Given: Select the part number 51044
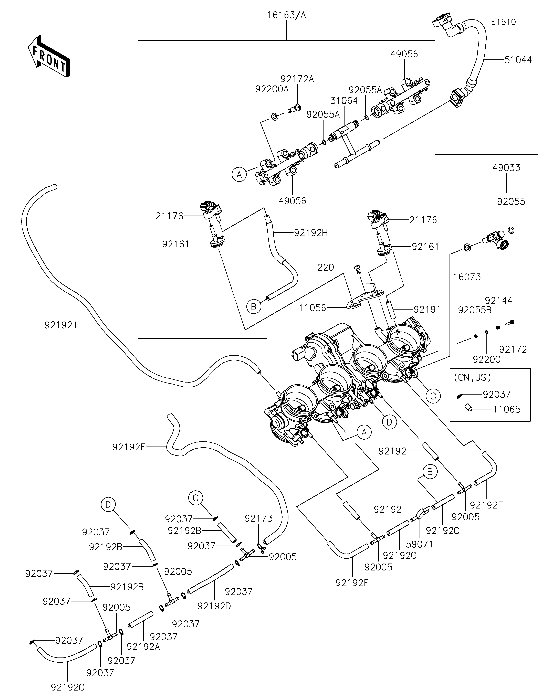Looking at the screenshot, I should coord(518,60).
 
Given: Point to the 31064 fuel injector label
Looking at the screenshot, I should coord(344,101).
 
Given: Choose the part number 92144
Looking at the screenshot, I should coord(498,301).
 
